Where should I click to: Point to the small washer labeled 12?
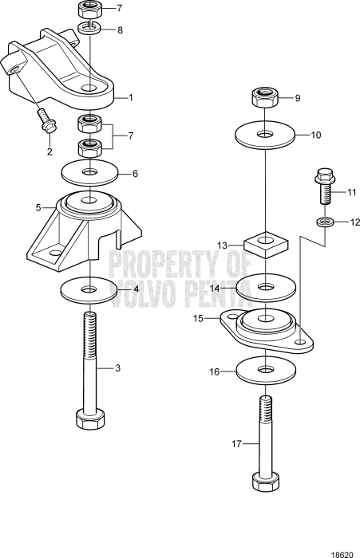tap(324, 222)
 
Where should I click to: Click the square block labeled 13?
tap(264, 242)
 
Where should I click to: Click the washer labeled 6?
tap(89, 171)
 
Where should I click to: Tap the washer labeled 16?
tap(264, 372)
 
